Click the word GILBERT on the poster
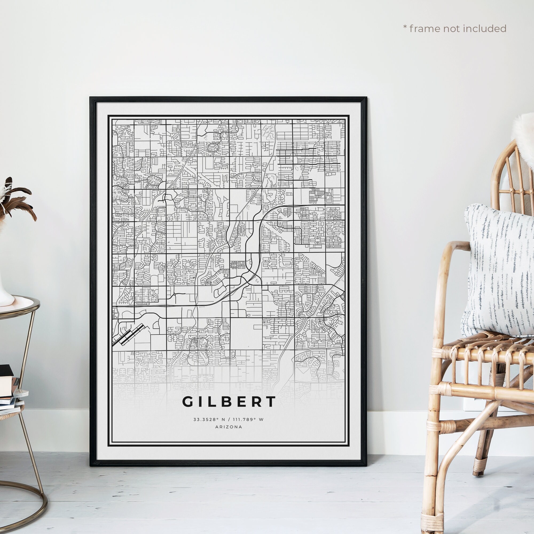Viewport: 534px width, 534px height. coord(229,402)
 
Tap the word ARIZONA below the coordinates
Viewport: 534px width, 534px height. coord(229,427)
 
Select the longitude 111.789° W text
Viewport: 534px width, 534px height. coord(248,419)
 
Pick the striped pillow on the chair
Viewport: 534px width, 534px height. coord(498,271)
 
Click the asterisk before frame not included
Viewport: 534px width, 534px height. coord(405,27)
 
